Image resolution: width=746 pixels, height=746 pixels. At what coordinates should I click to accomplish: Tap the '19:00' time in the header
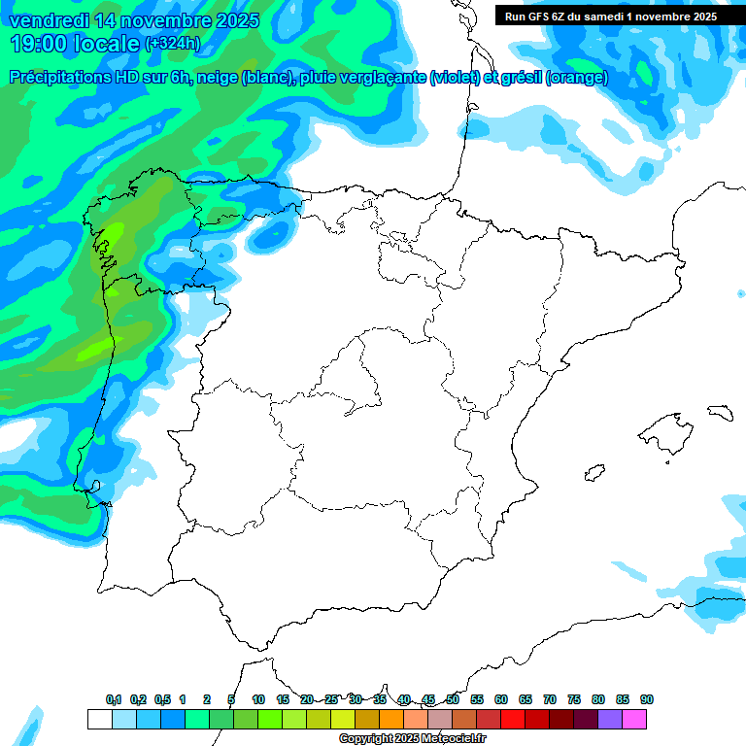(x=41, y=43)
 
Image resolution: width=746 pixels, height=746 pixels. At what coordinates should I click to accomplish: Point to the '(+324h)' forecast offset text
(x=172, y=43)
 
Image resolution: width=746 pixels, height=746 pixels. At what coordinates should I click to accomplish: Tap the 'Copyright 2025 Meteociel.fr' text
(x=412, y=739)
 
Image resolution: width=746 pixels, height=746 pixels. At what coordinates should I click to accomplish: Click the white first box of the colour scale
(x=99, y=719)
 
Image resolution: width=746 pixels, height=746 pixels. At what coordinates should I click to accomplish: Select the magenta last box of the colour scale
(x=634, y=719)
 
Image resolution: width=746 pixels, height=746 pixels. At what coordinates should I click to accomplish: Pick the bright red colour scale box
(x=513, y=719)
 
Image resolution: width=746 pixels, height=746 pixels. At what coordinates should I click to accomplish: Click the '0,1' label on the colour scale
(x=114, y=699)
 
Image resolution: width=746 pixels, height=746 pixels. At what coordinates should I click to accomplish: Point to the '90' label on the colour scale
(x=647, y=699)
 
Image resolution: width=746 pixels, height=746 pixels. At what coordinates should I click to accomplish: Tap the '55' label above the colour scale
(x=477, y=699)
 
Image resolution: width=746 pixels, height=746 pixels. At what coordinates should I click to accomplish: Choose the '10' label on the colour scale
(x=258, y=699)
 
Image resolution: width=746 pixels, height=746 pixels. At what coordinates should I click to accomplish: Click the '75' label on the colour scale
(x=574, y=699)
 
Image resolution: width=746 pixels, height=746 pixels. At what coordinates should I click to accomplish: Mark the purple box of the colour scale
(x=610, y=719)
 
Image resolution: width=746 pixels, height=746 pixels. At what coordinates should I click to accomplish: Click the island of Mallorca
(x=662, y=428)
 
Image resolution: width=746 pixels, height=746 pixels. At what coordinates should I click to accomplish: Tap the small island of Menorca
(x=721, y=411)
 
